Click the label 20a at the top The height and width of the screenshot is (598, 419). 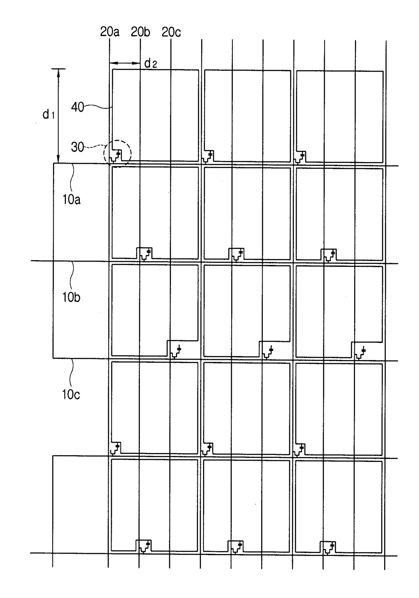[110, 32]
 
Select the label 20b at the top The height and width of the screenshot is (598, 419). [140, 32]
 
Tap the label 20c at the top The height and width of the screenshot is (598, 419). [171, 32]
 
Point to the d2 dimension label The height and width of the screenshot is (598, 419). [150, 63]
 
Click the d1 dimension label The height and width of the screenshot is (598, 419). [48, 115]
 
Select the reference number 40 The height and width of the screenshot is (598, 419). [77, 107]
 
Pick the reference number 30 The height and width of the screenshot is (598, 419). [77, 147]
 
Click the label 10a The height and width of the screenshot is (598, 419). [71, 200]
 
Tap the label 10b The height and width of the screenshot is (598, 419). [71, 297]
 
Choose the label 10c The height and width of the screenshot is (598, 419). [71, 394]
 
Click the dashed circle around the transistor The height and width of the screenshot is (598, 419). [117, 153]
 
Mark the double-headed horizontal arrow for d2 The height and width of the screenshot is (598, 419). [125, 63]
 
